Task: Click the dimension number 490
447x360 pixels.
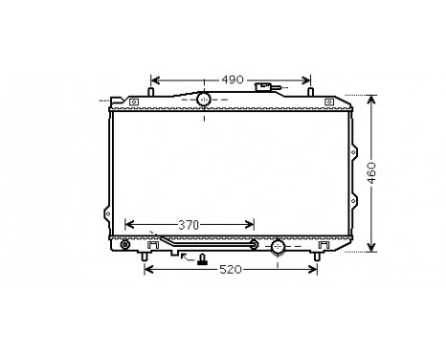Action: pyautogui.click(x=232, y=79)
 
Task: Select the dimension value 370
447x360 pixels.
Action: pyautogui.click(x=190, y=224)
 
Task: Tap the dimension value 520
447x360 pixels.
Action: pyautogui.click(x=231, y=271)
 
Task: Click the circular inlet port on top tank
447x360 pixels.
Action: pyautogui.click(x=203, y=101)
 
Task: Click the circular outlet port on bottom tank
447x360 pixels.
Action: pyautogui.click(x=278, y=248)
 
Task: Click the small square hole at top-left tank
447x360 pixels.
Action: pyautogui.click(x=134, y=101)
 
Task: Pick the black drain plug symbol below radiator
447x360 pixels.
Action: pyautogui.click(x=202, y=259)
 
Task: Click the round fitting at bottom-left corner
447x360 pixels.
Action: pyautogui.click(x=123, y=245)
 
